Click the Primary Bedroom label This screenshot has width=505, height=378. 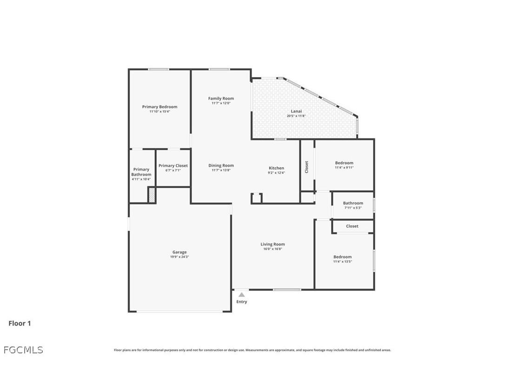tap(159, 107)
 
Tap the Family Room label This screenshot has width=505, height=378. tap(221, 98)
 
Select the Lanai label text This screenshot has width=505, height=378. tap(296, 111)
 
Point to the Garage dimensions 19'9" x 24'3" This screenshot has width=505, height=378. tap(179, 257)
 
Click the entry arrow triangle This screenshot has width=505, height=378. tap(241, 294)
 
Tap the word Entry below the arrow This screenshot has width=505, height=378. tap(242, 302)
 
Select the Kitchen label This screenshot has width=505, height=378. tap(276, 168)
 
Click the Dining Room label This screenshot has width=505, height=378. tap(221, 165)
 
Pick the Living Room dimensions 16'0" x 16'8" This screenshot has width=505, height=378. tap(272, 249)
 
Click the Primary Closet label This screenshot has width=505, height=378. tap(173, 165)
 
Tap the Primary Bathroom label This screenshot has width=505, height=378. tap(141, 172)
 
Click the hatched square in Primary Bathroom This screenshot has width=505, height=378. tap(152, 195)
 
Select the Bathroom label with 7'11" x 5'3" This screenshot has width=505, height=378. tap(353, 203)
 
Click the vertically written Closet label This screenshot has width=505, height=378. tap(306, 167)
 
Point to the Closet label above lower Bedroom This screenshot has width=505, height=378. tap(352, 226)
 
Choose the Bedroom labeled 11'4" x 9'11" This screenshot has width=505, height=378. tap(344, 163)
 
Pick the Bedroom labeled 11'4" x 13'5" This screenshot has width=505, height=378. tap(342, 257)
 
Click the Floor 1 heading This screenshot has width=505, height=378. tap(20, 323)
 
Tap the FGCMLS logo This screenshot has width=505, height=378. tap(23, 350)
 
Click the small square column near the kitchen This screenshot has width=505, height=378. tap(257, 198)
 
